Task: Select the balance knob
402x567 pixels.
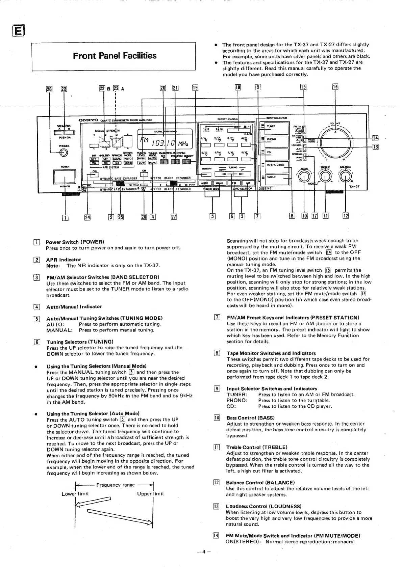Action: click(x=345, y=175)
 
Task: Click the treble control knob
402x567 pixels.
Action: click(x=325, y=175)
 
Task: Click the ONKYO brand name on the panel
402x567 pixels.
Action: click(x=88, y=120)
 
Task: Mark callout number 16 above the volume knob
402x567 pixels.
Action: click(x=335, y=87)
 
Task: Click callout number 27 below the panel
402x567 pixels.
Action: click(x=174, y=217)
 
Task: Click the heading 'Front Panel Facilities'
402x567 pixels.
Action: click(x=115, y=56)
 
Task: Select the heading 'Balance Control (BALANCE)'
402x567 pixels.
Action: click(x=260, y=483)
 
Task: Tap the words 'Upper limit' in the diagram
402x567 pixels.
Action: click(x=150, y=494)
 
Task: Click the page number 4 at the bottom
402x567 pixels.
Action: click(x=204, y=551)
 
